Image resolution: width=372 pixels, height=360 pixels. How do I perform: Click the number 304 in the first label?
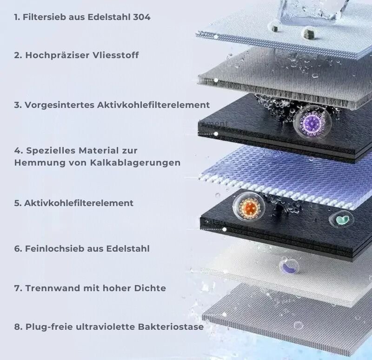point(142,17)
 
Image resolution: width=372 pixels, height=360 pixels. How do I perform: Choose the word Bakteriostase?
point(171,327)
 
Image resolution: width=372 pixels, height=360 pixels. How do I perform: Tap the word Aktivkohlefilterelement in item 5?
point(79,203)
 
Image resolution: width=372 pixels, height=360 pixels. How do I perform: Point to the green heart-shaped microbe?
point(341,220)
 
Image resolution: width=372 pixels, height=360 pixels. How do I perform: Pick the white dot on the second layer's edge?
point(216,80)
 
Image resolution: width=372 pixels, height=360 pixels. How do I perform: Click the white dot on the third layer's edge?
point(216,134)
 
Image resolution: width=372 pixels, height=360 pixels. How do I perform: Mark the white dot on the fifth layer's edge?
point(224,229)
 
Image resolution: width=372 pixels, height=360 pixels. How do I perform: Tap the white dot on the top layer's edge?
point(216,37)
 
